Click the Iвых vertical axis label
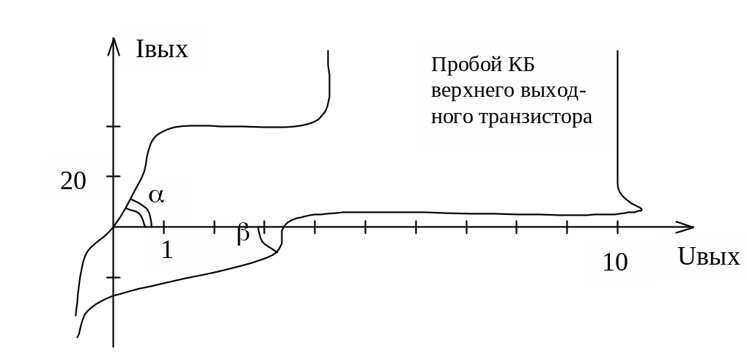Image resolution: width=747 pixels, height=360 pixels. coord(163,49)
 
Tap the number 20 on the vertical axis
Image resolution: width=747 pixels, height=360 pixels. coord(73,180)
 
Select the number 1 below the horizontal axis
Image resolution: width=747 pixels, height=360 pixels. coord(167,251)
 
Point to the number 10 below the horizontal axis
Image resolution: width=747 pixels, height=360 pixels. coord(615,262)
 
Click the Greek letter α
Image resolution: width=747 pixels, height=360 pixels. coord(156,195)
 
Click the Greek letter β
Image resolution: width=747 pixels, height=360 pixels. coord(243,234)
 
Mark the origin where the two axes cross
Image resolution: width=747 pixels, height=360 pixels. coord(113,227)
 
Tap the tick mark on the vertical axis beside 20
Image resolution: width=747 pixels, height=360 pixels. coord(113,176)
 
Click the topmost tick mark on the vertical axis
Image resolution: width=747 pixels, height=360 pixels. coord(113,127)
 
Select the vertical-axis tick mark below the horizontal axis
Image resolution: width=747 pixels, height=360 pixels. coord(113,278)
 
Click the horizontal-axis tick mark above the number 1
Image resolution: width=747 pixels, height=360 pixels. coord(163,227)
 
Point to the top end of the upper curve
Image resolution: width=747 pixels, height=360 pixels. coord(327,51)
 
